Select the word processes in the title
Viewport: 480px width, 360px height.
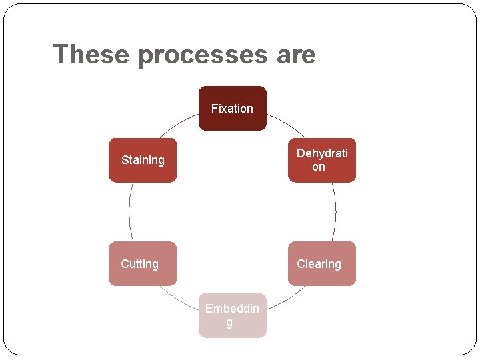(203, 55)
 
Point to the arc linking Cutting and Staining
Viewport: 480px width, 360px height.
(129, 212)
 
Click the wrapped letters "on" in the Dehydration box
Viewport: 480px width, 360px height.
(319, 167)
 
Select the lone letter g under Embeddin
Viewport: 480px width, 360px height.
(229, 323)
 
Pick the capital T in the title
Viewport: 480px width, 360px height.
(61, 54)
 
